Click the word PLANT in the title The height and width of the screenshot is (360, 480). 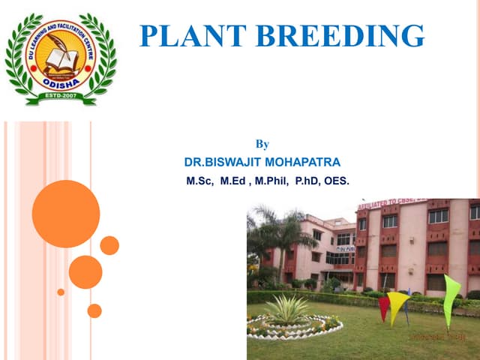pyautogui.click(x=187, y=35)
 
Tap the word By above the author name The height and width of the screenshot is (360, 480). pyautogui.click(x=262, y=143)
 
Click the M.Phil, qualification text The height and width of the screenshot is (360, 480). pyautogui.click(x=272, y=181)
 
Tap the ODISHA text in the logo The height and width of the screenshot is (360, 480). pyautogui.click(x=59, y=84)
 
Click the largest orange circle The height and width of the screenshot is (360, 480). pyautogui.click(x=66, y=214)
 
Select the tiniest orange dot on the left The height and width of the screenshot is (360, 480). pyautogui.click(x=61, y=292)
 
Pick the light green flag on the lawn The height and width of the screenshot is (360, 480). pyautogui.click(x=450, y=296)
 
